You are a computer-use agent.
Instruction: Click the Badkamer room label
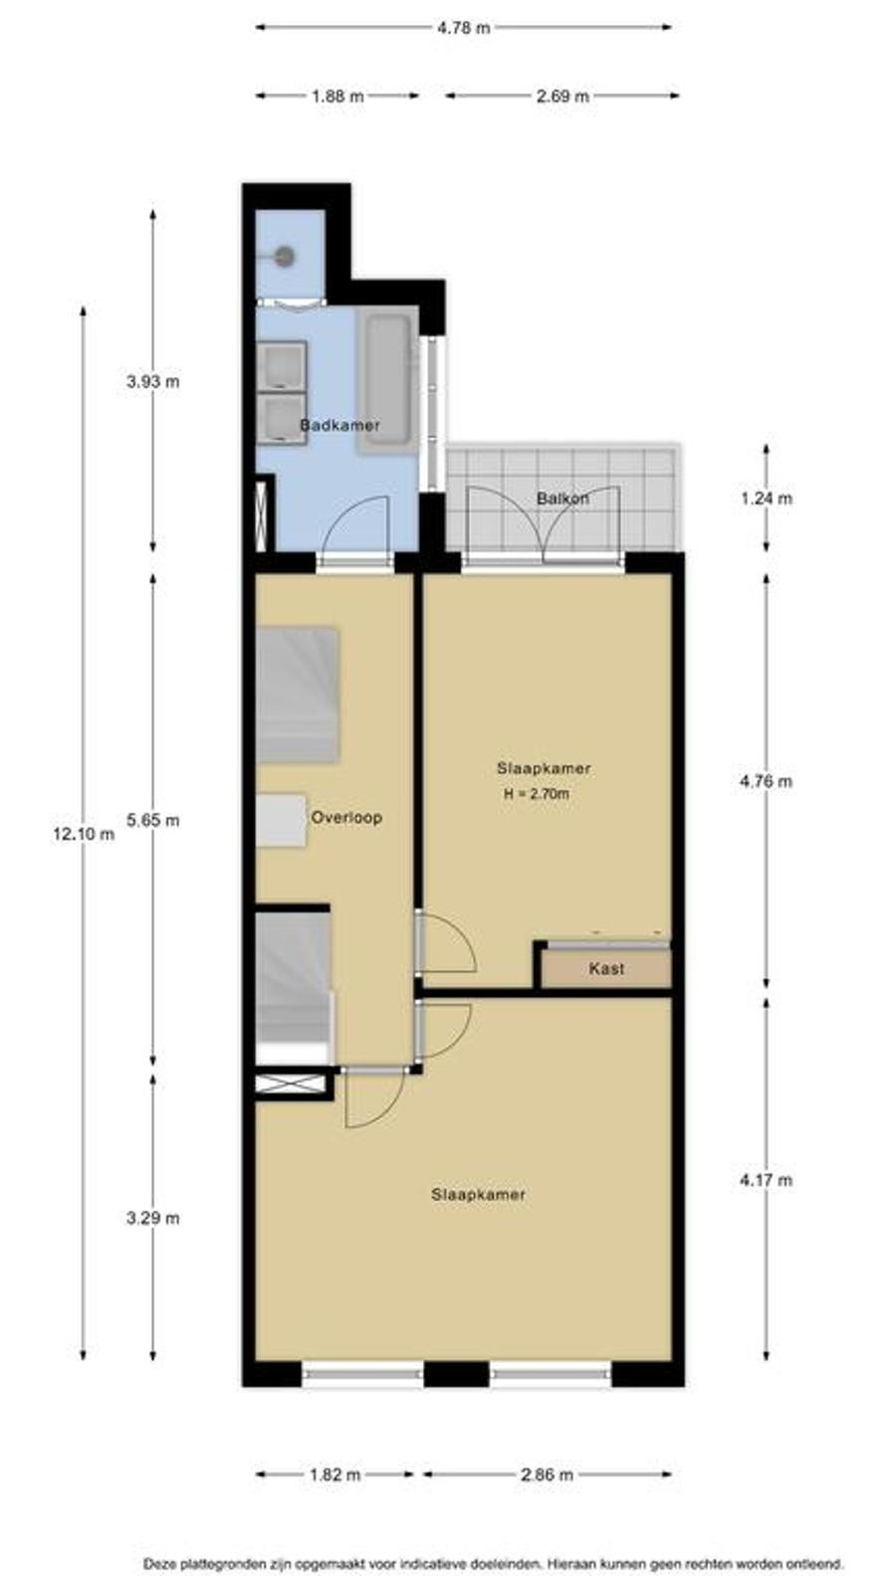pyautogui.click(x=339, y=425)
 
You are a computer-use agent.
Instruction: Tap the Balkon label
pyautogui.click(x=562, y=498)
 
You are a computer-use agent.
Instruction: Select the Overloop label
pyautogui.click(x=346, y=817)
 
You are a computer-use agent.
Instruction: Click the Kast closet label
pyautogui.click(x=606, y=968)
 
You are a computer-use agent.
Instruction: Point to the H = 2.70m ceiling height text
pyautogui.click(x=537, y=794)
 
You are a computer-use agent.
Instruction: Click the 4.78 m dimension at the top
pyautogui.click(x=463, y=28)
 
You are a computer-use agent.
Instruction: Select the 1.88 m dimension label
pyautogui.click(x=337, y=96)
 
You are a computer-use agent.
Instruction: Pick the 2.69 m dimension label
pyautogui.click(x=562, y=96)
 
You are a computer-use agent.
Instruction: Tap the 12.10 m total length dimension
pyautogui.click(x=84, y=834)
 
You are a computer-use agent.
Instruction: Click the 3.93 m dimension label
pyautogui.click(x=153, y=381)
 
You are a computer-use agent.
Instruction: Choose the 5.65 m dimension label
pyautogui.click(x=153, y=820)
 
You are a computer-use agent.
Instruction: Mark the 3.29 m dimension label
pyautogui.click(x=153, y=1218)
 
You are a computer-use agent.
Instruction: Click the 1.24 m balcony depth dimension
pyautogui.click(x=766, y=498)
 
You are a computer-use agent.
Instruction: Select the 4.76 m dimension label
pyautogui.click(x=766, y=781)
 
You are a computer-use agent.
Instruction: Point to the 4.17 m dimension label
pyautogui.click(x=766, y=1180)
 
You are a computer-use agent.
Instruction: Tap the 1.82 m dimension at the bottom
pyautogui.click(x=335, y=1474)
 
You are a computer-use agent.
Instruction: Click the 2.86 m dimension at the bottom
pyautogui.click(x=547, y=1474)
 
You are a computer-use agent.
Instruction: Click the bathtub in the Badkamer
pyautogui.click(x=387, y=380)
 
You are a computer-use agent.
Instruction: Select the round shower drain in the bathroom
pyautogui.click(x=285, y=256)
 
